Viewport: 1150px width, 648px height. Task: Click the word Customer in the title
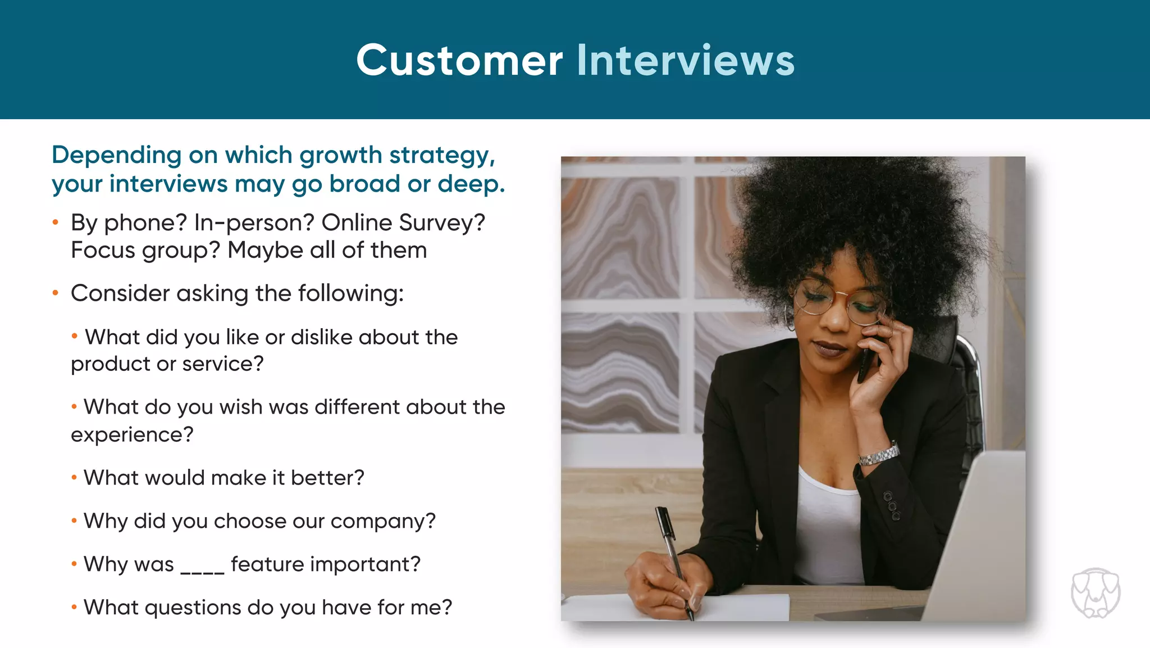[x=459, y=60]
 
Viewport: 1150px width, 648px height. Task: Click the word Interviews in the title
[x=686, y=60]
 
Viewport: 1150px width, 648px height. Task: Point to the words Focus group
[x=145, y=251]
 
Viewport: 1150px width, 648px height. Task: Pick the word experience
[x=131, y=435]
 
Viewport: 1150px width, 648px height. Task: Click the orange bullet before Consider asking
[x=56, y=293]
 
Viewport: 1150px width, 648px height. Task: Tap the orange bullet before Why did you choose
[x=74, y=521]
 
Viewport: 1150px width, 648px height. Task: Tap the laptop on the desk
[x=977, y=540]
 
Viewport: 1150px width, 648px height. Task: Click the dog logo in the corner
[x=1095, y=593]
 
